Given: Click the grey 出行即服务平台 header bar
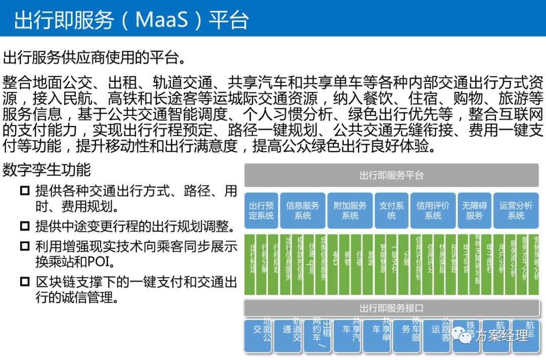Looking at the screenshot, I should tap(391, 175).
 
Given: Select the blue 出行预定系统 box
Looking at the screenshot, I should tap(261, 210).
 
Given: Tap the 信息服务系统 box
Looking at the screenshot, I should tap(302, 210).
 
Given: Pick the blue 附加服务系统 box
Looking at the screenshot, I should tap(350, 210).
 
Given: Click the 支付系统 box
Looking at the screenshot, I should tap(391, 210).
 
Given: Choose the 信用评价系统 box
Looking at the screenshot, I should tap(433, 210).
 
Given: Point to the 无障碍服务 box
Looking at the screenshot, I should tap(474, 210).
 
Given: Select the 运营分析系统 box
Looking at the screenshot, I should tap(516, 210).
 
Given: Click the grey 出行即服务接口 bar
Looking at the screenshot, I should tap(391, 308).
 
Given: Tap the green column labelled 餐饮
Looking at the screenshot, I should tap(335, 264).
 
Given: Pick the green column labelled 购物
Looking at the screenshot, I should tap(347, 264).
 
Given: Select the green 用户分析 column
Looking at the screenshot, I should tap(501, 264).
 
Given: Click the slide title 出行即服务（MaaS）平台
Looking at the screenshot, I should tap(131, 20).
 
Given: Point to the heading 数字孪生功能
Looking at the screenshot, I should tap(47, 169).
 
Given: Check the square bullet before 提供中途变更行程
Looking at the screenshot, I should tap(25, 226).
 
